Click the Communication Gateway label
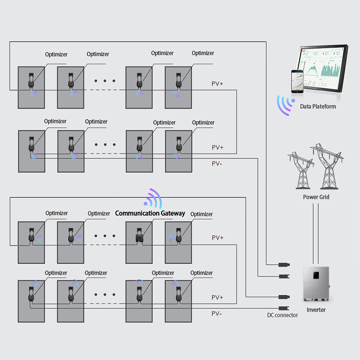tap(150, 213)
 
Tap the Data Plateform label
tap(318, 107)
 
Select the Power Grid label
tap(316, 197)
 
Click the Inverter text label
tap(316, 310)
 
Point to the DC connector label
tap(283, 315)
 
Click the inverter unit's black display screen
tap(316, 275)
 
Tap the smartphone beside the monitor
tap(297, 81)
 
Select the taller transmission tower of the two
tap(327, 166)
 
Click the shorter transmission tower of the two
tap(301, 170)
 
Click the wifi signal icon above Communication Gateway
tap(153, 198)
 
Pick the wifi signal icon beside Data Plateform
tap(285, 105)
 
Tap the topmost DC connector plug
tap(284, 265)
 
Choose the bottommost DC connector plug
tap(284, 308)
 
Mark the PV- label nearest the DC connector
tap(216, 314)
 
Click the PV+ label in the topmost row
tap(217, 84)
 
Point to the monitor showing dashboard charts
tap(323, 68)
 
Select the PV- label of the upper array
tap(217, 164)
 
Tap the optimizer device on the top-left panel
tap(31, 81)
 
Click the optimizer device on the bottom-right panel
tap(178, 294)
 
